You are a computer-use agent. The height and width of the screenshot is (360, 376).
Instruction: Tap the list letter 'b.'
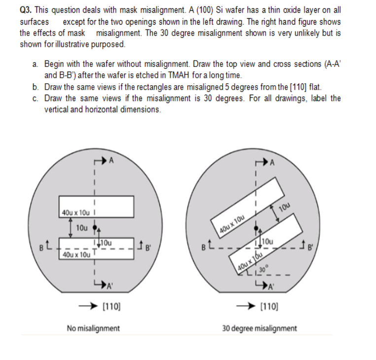point(36,87)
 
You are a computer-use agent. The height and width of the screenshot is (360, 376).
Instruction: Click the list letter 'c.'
point(36,98)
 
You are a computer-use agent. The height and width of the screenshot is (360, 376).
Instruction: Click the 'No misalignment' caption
point(93,328)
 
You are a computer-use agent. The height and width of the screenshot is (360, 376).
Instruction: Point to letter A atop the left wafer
point(111,161)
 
